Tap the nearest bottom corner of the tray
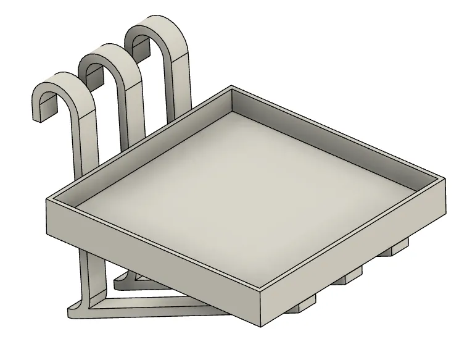(x=262, y=325)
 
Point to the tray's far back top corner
(x=231, y=87)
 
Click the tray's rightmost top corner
(x=443, y=178)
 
